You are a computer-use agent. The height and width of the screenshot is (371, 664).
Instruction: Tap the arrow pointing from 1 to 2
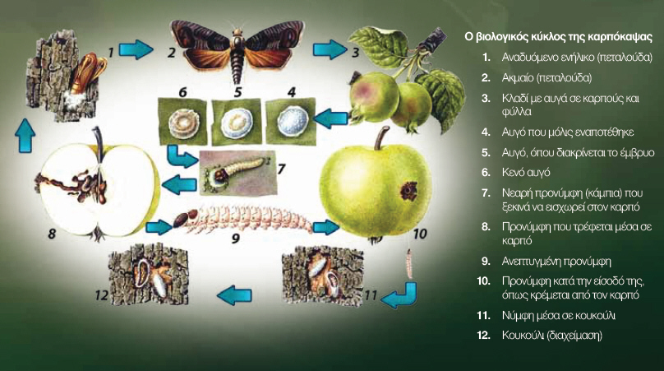tap(136, 49)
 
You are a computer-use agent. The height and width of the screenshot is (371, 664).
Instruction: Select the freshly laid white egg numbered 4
tap(293, 120)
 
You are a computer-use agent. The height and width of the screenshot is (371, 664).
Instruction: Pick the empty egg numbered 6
tap(183, 122)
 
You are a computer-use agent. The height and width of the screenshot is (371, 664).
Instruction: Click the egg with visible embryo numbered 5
tap(237, 121)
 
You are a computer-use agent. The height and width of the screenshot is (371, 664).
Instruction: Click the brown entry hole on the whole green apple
tap(409, 191)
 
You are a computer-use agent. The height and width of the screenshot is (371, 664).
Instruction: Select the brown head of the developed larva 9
tap(182, 220)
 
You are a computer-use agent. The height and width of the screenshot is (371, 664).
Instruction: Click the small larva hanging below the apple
tap(409, 263)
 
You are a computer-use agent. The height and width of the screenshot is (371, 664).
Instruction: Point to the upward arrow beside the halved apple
tap(25, 135)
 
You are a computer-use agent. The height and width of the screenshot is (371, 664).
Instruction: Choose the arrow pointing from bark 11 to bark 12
tap(234, 294)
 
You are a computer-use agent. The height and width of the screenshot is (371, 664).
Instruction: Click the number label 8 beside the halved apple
tap(52, 233)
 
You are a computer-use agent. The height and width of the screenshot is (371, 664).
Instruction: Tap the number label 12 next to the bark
tap(102, 294)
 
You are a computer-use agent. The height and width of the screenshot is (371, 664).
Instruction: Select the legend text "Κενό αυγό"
tap(526, 172)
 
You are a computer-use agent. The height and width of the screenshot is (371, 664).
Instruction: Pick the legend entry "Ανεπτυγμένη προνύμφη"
tap(556, 261)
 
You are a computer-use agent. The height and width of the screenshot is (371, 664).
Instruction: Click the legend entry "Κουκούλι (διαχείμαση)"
tap(551, 335)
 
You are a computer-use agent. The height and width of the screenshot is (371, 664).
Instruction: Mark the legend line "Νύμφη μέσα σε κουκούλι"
tap(559, 315)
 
